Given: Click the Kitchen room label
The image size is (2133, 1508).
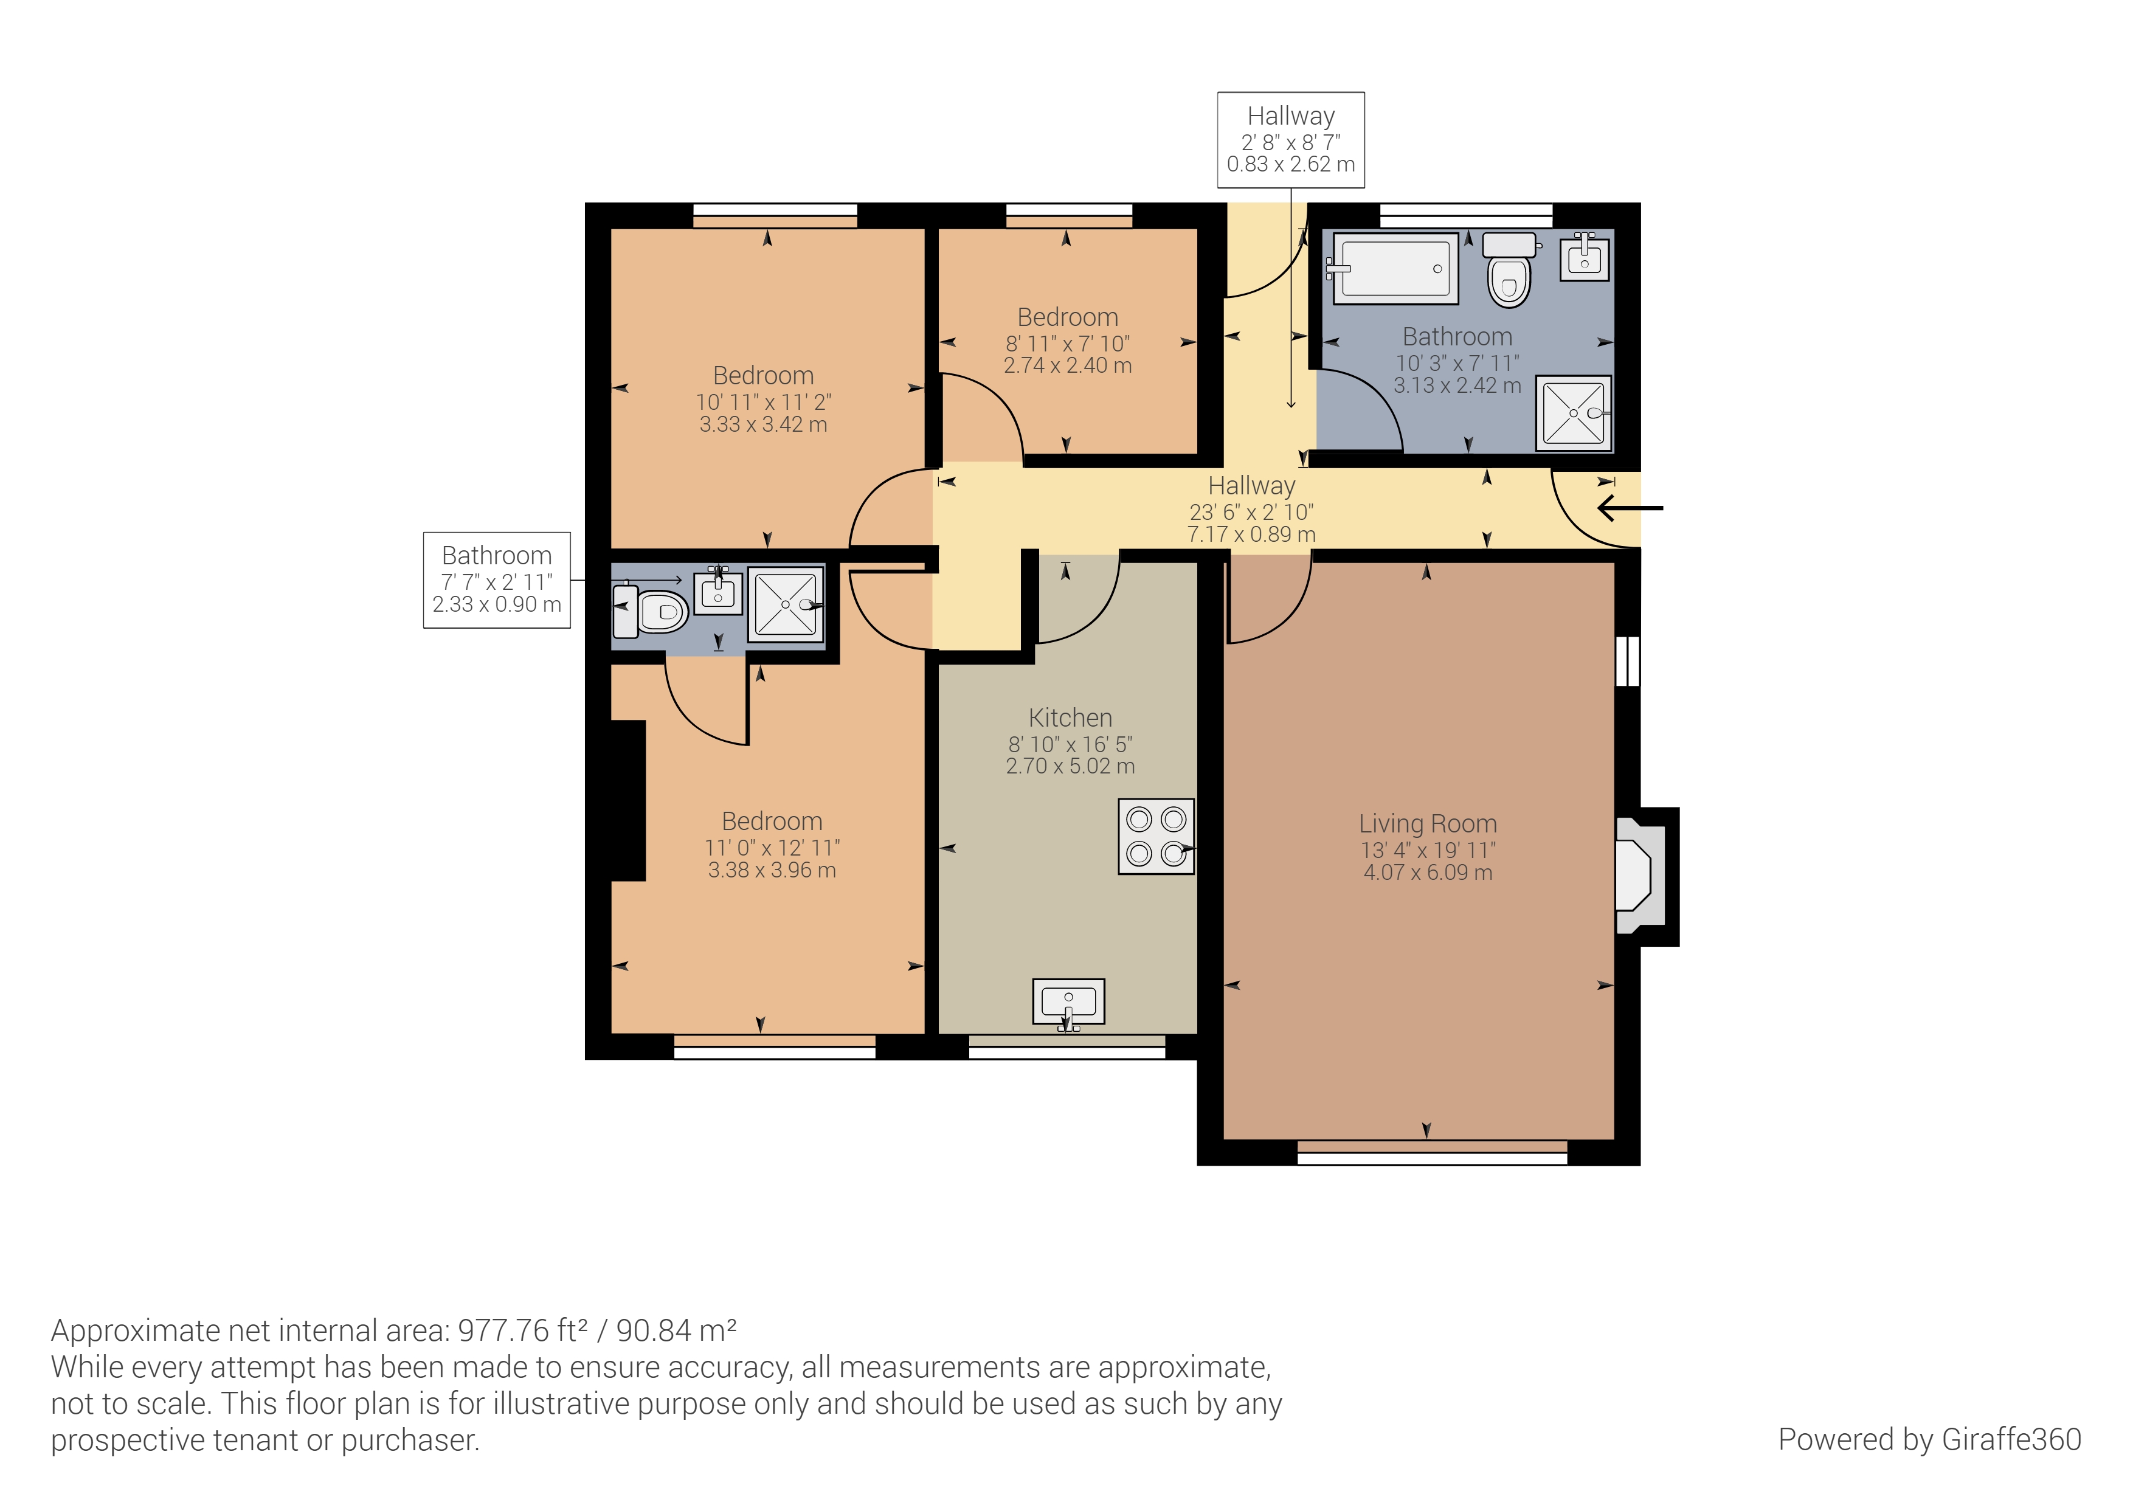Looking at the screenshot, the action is (x=1070, y=718).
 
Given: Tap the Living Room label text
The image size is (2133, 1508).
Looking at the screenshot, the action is (x=1428, y=823).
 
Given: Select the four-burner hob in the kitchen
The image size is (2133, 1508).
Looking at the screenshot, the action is (x=1156, y=836).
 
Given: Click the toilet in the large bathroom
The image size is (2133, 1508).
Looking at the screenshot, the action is (x=1509, y=269).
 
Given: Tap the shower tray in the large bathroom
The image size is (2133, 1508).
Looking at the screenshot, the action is (x=1574, y=412).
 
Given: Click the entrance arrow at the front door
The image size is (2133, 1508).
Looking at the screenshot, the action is (x=1630, y=508).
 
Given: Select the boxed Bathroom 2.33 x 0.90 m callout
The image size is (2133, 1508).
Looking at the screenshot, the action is (x=497, y=579).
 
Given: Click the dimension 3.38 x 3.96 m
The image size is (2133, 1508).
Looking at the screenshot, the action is (x=772, y=871).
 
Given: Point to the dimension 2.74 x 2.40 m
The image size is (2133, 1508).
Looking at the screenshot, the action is (x=1068, y=366).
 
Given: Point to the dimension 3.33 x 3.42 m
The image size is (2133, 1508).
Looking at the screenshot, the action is (x=764, y=424).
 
